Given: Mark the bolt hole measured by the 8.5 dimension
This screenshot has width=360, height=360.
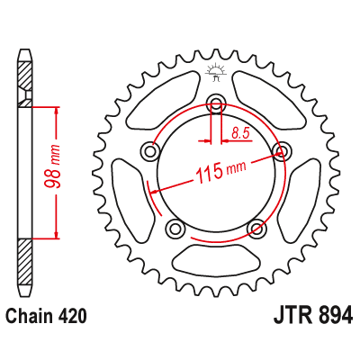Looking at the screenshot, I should [216, 102].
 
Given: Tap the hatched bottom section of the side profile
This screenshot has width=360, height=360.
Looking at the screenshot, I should [25, 261].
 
